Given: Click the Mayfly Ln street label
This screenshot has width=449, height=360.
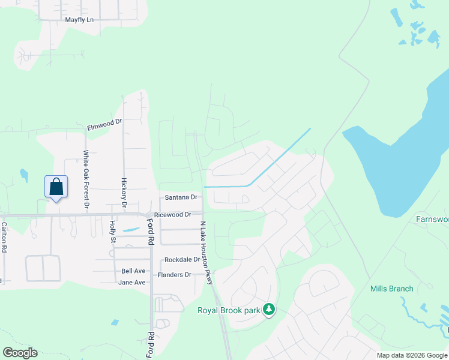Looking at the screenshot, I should click(x=80, y=20).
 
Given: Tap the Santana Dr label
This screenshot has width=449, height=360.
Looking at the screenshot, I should click(x=181, y=197).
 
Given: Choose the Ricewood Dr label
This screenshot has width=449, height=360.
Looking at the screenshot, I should click(x=172, y=214).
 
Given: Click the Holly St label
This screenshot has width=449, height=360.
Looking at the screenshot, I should click(x=113, y=231).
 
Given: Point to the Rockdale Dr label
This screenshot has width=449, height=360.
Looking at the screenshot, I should click(x=182, y=259).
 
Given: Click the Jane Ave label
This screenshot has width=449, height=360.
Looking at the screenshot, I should click(x=132, y=282).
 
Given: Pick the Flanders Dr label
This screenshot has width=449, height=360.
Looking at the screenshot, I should click(x=174, y=275).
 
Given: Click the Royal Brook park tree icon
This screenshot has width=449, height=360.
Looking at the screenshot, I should click(x=270, y=309).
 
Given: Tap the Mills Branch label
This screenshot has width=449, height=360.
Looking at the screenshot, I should click(x=391, y=289).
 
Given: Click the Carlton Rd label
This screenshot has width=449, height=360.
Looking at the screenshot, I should click(x=4, y=237).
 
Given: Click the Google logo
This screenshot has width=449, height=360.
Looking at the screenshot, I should click(x=20, y=352).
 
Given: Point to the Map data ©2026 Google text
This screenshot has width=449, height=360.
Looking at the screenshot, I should click(x=412, y=355).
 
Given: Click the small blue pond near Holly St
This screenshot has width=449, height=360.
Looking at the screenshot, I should click(x=130, y=230).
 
